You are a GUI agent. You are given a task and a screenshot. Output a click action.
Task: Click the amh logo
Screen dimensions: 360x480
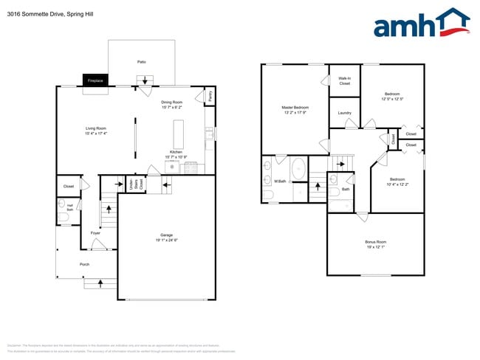(x=422, y=24)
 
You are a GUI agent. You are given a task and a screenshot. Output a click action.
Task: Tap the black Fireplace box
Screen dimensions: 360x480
(x=95, y=80)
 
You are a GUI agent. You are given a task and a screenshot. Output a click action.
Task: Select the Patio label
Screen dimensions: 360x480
(x=141, y=61)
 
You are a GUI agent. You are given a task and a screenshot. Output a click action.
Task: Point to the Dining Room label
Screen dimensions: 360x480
(x=171, y=102)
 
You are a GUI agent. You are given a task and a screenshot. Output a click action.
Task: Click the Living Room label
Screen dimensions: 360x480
(x=96, y=128)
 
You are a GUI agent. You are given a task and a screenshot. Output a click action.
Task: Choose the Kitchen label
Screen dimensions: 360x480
(x=176, y=152)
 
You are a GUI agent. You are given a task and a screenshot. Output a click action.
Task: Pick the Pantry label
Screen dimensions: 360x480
(x=210, y=95)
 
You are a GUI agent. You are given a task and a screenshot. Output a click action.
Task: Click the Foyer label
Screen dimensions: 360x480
(x=95, y=233)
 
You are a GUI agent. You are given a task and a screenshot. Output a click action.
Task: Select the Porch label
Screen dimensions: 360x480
(x=85, y=264)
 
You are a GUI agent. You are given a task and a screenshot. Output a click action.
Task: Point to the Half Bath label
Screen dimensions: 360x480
(x=70, y=207)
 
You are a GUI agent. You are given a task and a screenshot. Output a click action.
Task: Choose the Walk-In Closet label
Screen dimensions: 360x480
(x=345, y=80)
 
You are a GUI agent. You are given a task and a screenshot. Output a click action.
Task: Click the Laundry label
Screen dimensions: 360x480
(x=345, y=113)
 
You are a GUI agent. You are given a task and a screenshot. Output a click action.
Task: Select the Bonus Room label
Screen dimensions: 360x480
(x=375, y=242)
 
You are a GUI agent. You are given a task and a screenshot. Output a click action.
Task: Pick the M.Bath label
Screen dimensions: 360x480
(x=280, y=181)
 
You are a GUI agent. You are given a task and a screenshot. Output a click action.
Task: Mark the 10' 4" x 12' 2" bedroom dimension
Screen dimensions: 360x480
(x=397, y=184)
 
